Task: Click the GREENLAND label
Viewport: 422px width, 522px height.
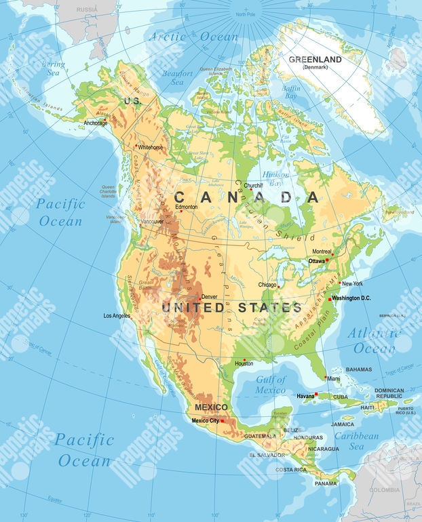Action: [x=315, y=60]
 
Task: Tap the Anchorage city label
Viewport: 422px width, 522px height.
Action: [x=96, y=123]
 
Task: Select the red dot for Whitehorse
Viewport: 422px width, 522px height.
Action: [x=136, y=145]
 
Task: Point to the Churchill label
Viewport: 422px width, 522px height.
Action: [x=253, y=185]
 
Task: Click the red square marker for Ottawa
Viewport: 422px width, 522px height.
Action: [x=327, y=260]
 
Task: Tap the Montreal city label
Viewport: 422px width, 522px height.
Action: [x=322, y=252]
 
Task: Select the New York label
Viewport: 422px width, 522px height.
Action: [x=352, y=283]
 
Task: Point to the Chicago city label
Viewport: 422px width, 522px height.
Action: [x=267, y=285]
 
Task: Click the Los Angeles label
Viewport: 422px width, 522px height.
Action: [x=117, y=316]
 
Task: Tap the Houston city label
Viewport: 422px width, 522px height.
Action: [x=244, y=364]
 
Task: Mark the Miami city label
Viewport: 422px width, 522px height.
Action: [x=333, y=379]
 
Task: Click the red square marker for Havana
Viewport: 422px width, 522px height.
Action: [x=315, y=393]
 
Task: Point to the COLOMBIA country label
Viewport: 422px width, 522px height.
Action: [x=384, y=489]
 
